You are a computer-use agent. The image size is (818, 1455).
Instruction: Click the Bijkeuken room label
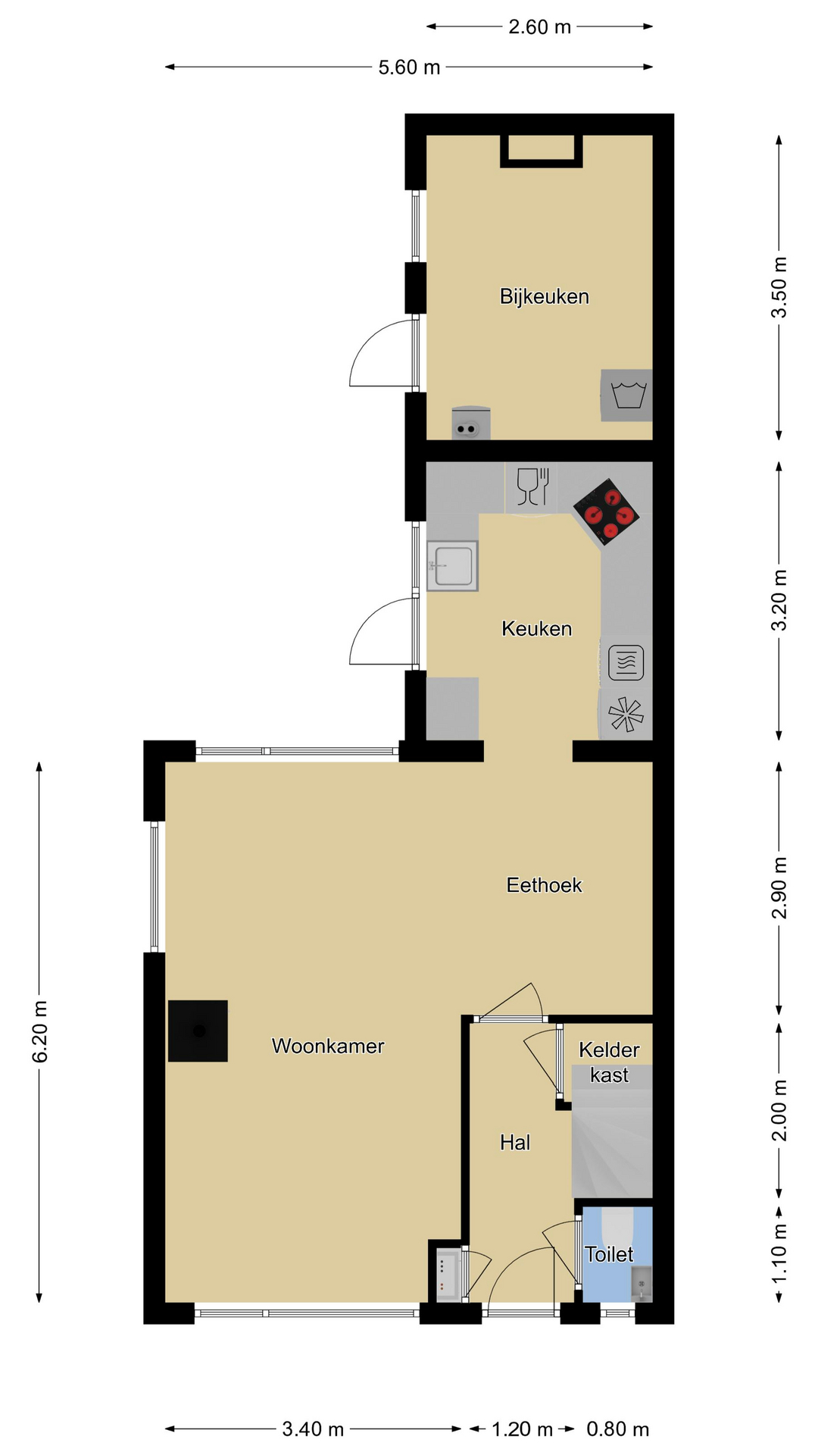pyautogui.click(x=544, y=296)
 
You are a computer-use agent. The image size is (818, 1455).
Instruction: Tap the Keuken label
pyautogui.click(x=536, y=628)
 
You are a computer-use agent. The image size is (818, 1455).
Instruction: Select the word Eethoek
pyautogui.click(x=544, y=885)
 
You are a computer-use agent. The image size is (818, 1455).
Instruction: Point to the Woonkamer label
pyautogui.click(x=328, y=1046)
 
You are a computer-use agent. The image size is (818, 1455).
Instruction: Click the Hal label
pyautogui.click(x=515, y=1142)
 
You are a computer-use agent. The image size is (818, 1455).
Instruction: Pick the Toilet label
pyautogui.click(x=609, y=1254)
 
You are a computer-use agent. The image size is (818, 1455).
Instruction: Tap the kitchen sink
pyautogui.click(x=452, y=565)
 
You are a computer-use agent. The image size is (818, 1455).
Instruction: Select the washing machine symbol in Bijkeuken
pyautogui.click(x=628, y=396)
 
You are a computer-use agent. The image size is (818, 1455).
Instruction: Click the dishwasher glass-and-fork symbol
pyautogui.click(x=532, y=487)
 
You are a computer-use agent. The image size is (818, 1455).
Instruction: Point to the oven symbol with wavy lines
pyautogui.click(x=626, y=662)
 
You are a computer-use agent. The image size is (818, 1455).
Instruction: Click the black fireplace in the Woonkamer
pyautogui.click(x=198, y=1031)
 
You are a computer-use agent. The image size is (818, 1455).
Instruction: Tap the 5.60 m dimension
pyautogui.click(x=409, y=67)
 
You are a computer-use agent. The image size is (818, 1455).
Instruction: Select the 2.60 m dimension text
pyautogui.click(x=539, y=27)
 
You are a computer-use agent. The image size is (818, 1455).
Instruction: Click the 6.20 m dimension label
pyautogui.click(x=40, y=1031)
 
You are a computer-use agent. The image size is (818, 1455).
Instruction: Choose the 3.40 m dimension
pyautogui.click(x=313, y=1429)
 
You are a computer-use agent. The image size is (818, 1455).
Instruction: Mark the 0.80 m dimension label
pyautogui.click(x=618, y=1429)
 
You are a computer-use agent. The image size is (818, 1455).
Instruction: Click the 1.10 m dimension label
pyautogui.click(x=779, y=1253)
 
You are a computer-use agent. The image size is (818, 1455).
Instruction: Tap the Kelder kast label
pyautogui.click(x=609, y=1062)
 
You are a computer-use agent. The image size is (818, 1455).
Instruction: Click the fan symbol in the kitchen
pyautogui.click(x=626, y=714)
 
